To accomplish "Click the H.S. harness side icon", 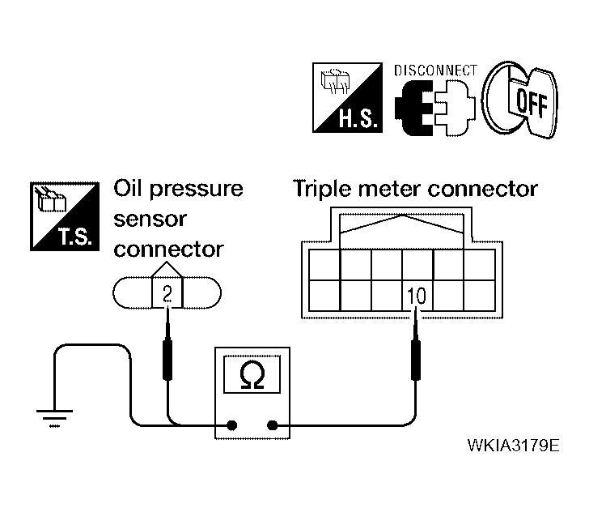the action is click(x=347, y=97).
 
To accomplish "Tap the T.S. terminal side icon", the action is click(x=65, y=216).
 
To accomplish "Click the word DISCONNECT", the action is click(x=435, y=70).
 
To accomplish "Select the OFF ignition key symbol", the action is click(x=520, y=100).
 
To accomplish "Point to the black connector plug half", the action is click(x=413, y=108).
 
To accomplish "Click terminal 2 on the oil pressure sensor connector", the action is click(x=167, y=292).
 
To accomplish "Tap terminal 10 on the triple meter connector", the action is click(x=417, y=296).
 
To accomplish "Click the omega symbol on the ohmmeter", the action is click(x=252, y=374).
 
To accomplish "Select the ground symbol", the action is click(x=54, y=418).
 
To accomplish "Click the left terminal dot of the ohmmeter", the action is click(x=232, y=425).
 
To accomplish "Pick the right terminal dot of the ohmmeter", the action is click(x=273, y=425).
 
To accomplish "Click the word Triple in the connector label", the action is click(x=322, y=190).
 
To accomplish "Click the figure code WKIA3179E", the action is click(x=513, y=446).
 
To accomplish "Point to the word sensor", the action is click(x=150, y=219).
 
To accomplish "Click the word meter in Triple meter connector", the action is click(x=389, y=190).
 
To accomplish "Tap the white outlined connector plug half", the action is click(x=455, y=108).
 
